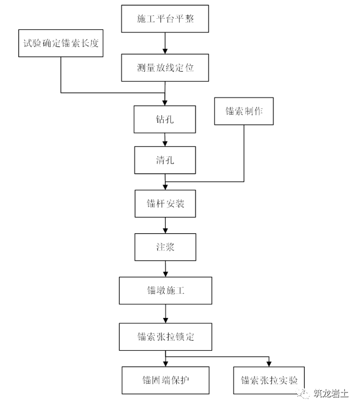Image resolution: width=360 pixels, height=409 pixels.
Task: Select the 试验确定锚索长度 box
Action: (60, 43)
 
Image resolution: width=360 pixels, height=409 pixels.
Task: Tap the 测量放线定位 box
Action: (165, 67)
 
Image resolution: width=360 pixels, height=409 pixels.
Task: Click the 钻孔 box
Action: (164, 119)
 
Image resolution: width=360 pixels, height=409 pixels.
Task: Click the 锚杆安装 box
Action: (164, 204)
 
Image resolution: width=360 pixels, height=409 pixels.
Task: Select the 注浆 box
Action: (164, 247)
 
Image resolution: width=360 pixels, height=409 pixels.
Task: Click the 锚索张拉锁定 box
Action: (165, 337)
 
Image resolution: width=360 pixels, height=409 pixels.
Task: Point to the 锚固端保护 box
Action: (165, 380)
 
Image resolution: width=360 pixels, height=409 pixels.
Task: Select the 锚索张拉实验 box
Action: (268, 380)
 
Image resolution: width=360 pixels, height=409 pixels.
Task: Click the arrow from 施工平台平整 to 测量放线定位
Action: (165, 43)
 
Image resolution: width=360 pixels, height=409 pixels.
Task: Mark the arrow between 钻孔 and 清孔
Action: (165, 140)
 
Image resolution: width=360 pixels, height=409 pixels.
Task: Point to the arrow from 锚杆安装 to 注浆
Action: (165, 226)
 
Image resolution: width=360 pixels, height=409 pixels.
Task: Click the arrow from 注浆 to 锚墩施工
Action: (165, 269)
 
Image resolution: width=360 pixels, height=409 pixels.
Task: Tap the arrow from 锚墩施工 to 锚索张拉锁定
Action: (165, 313)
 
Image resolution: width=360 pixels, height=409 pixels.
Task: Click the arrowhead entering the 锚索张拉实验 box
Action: (268, 363)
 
